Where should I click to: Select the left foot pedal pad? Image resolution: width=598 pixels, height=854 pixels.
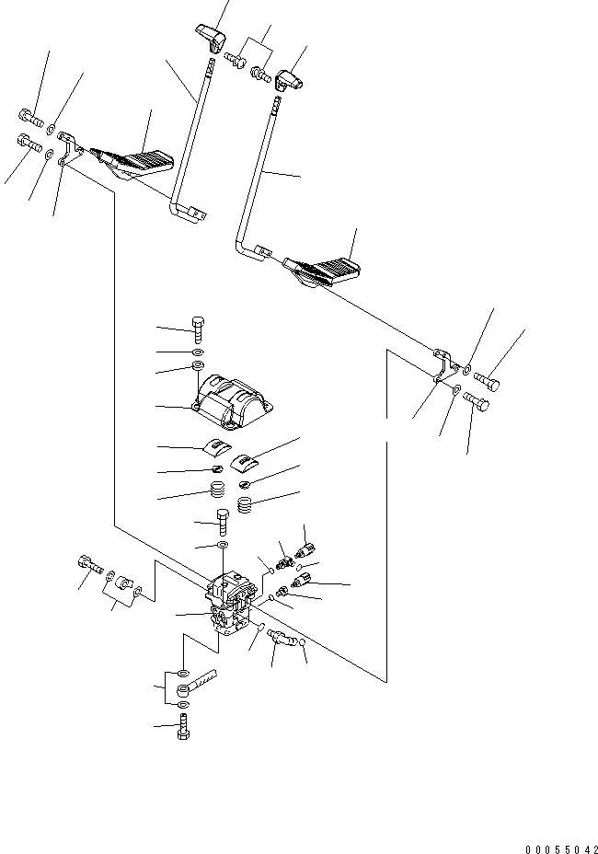point(144,163)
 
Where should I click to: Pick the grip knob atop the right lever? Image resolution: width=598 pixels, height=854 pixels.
point(292,83)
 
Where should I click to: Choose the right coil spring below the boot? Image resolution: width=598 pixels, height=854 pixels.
point(247,505)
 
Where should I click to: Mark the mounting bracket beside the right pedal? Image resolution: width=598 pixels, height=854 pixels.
point(444,365)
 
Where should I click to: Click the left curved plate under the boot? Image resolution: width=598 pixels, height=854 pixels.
point(213,447)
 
